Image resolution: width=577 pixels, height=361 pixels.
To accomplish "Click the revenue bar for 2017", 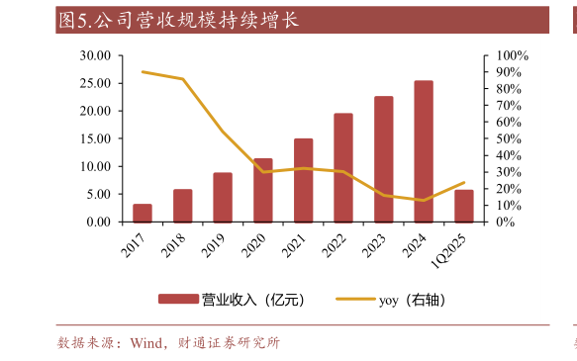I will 143,213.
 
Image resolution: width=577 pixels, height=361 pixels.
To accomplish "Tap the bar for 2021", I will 303,180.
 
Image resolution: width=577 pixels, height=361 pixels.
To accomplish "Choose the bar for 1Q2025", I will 463,206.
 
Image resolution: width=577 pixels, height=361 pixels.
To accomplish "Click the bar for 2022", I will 343,167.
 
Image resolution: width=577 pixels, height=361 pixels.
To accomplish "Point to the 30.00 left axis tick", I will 96,55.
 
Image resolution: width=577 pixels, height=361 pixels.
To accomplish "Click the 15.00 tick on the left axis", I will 96,138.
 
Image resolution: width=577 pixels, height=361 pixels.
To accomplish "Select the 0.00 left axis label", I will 99,222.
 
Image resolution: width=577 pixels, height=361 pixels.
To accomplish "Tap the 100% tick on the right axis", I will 511,55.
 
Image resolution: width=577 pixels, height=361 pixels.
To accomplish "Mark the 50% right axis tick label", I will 508,138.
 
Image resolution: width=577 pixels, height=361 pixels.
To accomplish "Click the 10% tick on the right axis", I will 508,205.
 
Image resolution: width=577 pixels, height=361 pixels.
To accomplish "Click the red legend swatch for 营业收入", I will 178,299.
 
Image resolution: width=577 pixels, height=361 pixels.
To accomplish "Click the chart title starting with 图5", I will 178,19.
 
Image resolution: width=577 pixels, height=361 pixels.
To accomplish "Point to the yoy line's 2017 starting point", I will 143,71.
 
